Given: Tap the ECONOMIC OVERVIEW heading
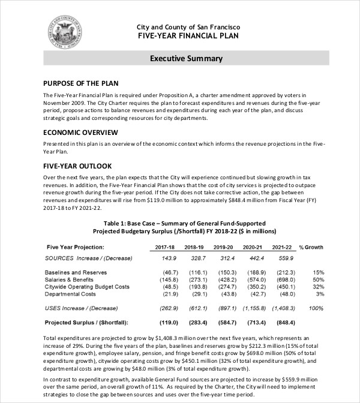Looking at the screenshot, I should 80,132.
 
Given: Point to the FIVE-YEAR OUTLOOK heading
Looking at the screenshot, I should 77,166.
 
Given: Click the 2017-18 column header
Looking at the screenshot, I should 164,247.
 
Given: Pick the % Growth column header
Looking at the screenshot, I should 311,247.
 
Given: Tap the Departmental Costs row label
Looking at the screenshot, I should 70,294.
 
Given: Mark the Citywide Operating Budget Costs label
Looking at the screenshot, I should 88,287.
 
